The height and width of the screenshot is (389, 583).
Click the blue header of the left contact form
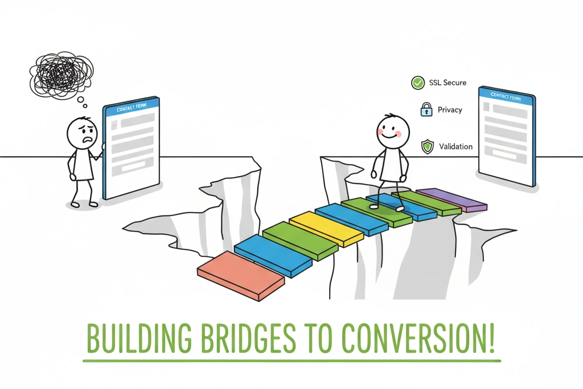[130, 107]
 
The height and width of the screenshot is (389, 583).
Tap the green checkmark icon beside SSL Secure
[418, 83]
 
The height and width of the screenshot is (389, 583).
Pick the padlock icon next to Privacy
[426, 110]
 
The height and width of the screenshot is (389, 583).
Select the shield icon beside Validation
[427, 147]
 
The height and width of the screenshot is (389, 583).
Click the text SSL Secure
[447, 83]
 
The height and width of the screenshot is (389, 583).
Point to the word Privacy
[450, 110]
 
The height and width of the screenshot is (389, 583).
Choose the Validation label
[455, 147]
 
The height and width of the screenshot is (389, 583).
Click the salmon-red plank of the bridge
[240, 275]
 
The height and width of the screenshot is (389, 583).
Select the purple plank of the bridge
[451, 199]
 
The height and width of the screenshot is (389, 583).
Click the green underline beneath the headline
[291, 361]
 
